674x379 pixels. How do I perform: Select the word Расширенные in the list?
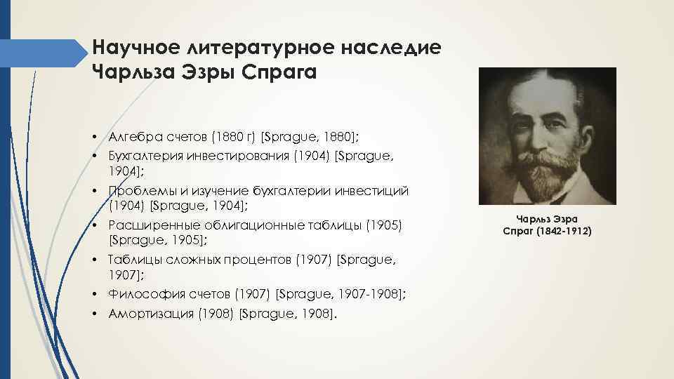click(x=153, y=225)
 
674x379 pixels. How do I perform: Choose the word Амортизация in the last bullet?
click(x=149, y=313)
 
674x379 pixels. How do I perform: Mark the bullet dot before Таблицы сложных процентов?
click(x=93, y=260)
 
